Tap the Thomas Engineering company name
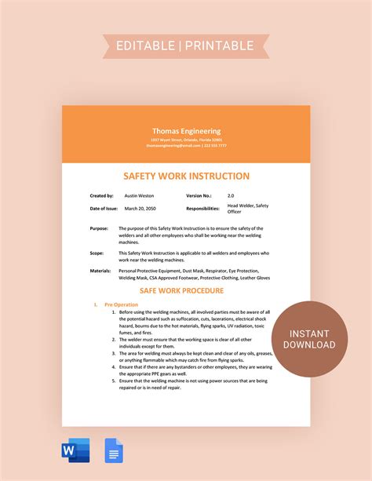[x=187, y=131]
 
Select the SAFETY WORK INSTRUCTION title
[x=186, y=177]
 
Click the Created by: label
[x=102, y=195]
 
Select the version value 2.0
[x=231, y=195]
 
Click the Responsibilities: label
[x=202, y=209]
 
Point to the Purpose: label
[x=100, y=228]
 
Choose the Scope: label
[x=98, y=253]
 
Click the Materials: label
[x=101, y=271]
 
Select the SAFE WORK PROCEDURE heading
[x=186, y=290]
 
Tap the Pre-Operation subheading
[x=121, y=304]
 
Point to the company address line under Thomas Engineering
[x=186, y=140]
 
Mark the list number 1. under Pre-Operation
[x=112, y=312]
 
